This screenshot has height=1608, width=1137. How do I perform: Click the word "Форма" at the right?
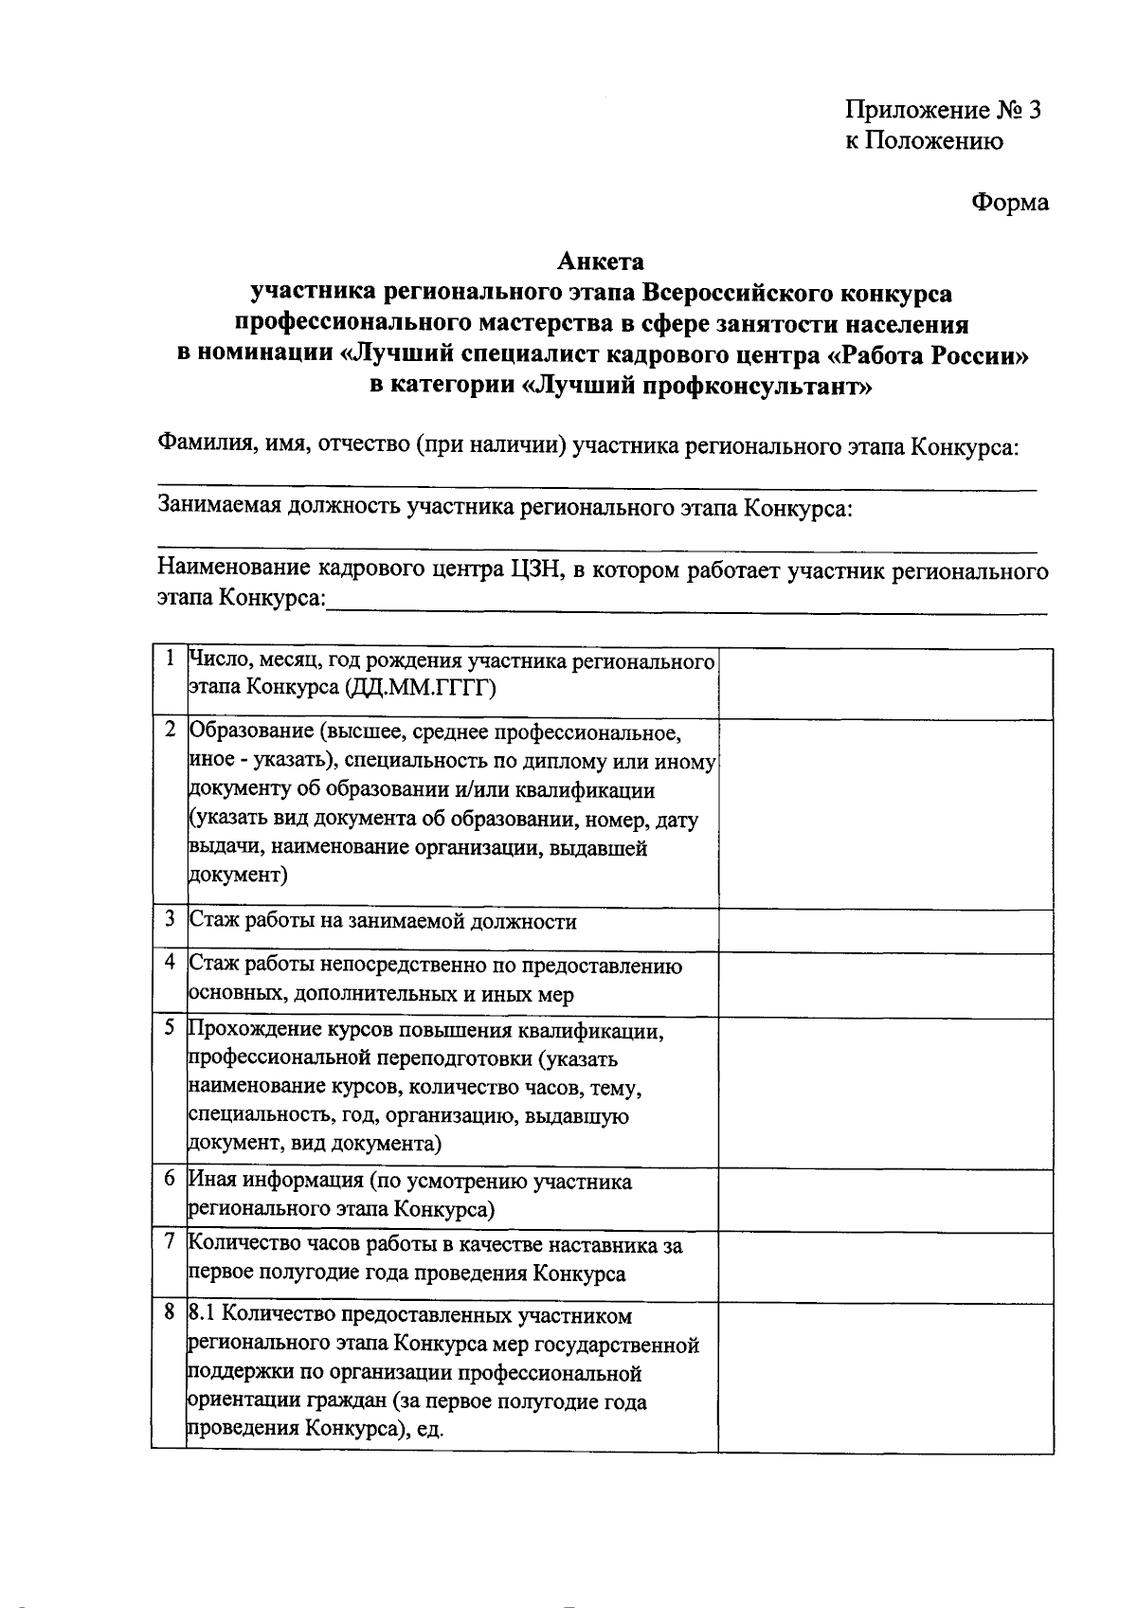tap(1009, 202)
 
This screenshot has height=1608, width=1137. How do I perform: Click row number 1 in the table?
tap(169, 658)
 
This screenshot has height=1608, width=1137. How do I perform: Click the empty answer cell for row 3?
tap(885, 930)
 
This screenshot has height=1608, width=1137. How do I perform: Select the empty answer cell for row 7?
tap(885, 1266)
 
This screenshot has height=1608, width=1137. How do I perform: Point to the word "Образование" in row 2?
tap(252, 732)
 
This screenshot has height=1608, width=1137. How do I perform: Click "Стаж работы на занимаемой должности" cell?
tap(383, 922)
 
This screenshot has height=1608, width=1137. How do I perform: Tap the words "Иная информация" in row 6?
tap(277, 1182)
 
